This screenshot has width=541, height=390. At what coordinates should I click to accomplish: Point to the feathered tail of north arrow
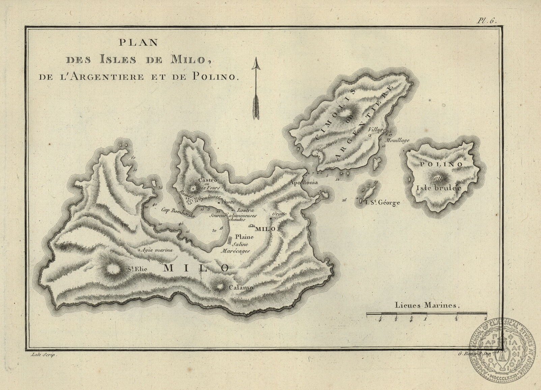pyautogui.click(x=256, y=107)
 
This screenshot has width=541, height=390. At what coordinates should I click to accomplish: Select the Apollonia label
pyautogui.click(x=303, y=182)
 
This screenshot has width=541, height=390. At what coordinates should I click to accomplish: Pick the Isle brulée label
pyautogui.click(x=438, y=188)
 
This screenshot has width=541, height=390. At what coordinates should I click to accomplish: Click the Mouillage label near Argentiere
pyautogui.click(x=398, y=140)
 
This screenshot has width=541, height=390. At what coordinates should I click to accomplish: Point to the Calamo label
pyautogui.click(x=241, y=288)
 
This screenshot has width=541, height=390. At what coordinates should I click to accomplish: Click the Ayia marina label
pyautogui.click(x=157, y=250)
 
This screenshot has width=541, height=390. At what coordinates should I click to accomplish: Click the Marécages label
pyautogui.click(x=235, y=251)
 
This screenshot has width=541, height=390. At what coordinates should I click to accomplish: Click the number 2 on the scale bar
pyautogui.click(x=485, y=318)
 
